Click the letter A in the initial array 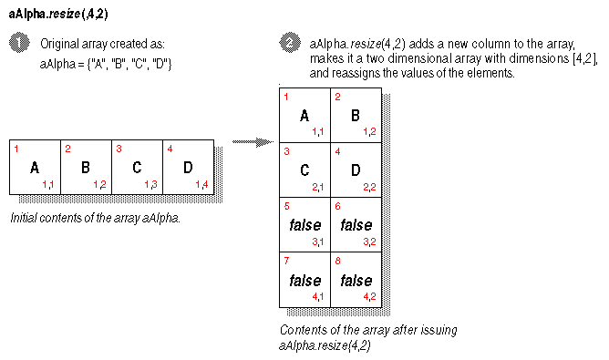click(35, 168)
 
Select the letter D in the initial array click(188, 168)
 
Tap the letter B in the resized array click(356, 116)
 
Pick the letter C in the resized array click(304, 170)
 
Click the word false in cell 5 click(304, 225)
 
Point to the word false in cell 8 click(356, 280)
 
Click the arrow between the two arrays click(252, 142)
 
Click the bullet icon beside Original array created click(19, 45)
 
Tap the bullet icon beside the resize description click(290, 44)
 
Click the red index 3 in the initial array click(118, 148)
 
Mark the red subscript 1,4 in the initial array click(201, 185)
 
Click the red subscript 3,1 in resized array click(318, 242)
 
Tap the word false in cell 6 click(356, 225)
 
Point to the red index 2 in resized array click(337, 96)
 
